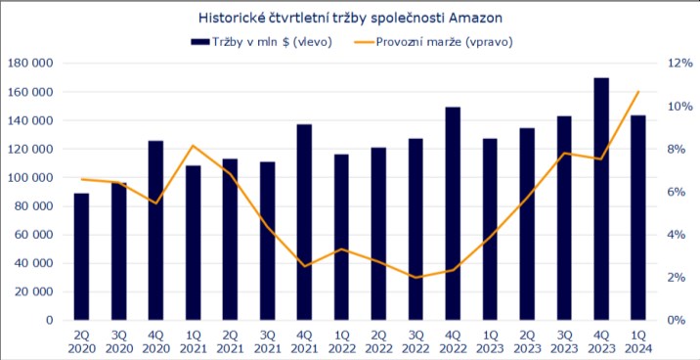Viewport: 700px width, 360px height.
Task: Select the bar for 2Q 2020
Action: point(81,256)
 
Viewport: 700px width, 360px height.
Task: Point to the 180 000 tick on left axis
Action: point(31,64)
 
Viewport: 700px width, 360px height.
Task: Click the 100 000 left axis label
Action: point(31,178)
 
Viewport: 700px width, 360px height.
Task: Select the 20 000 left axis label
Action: point(34,292)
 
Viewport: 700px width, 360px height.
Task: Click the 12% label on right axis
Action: point(679,64)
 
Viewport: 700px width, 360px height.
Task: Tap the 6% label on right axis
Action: point(679,192)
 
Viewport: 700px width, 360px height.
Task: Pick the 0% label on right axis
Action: point(679,320)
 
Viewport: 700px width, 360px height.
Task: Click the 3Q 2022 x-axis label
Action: point(416,341)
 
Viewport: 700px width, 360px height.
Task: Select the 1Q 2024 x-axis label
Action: point(638,341)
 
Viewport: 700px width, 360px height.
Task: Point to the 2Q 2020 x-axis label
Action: point(81,341)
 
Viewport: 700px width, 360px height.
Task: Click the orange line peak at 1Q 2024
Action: point(638,92)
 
